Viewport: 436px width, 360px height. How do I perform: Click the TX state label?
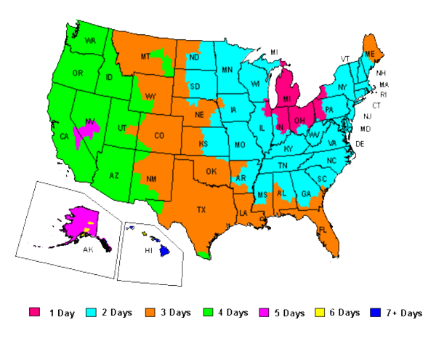pos(201,210)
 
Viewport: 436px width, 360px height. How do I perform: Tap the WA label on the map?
pos(91,41)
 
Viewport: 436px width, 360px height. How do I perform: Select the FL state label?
pos(322,231)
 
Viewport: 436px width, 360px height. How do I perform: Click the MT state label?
pos(145,57)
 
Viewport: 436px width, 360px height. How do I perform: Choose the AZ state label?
pos(115,175)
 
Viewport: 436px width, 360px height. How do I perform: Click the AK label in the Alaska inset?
pos(88,249)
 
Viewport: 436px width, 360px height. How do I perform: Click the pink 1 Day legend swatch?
pos(34,313)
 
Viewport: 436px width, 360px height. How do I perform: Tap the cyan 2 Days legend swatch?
pos(91,313)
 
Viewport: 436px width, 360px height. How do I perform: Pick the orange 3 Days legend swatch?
pos(150,313)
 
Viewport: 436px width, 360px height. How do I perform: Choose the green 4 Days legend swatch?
pos(211,313)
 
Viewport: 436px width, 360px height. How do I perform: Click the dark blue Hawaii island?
pos(165,249)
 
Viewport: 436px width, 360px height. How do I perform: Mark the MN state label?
pos(227,71)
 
